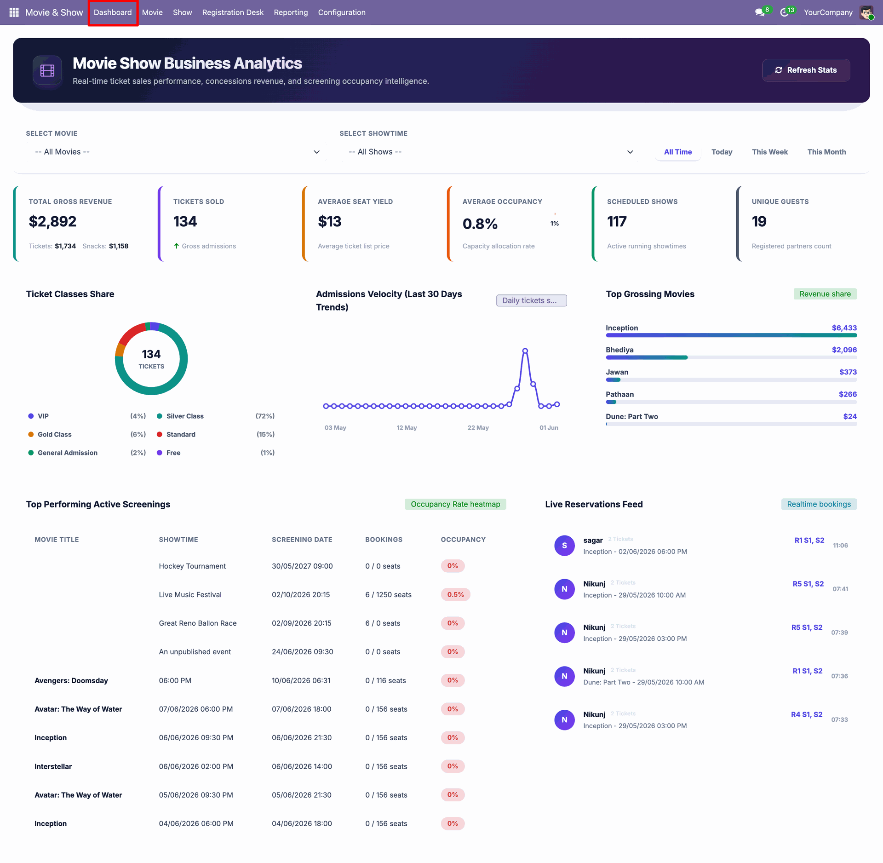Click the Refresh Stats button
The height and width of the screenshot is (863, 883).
coord(806,70)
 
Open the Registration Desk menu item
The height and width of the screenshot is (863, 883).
coord(233,12)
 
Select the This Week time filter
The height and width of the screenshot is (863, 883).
coord(769,152)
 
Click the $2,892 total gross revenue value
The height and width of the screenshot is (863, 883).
coord(52,221)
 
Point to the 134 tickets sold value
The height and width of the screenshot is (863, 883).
coord(185,221)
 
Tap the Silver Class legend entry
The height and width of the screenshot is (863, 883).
coord(185,416)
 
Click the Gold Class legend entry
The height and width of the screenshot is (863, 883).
coord(54,434)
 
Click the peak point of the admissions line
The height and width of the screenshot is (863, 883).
coord(525,351)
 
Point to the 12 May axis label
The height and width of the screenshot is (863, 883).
coord(407,428)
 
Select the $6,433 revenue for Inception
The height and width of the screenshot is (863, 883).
coord(844,328)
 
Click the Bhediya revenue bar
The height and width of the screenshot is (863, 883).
coord(646,357)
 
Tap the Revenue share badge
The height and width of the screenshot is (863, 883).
coord(825,294)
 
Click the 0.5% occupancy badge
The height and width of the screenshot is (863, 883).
coord(455,594)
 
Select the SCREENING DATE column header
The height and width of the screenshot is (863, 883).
coord(302,540)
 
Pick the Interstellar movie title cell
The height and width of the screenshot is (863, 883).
coord(53,766)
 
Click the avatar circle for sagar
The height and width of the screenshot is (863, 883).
coord(564,546)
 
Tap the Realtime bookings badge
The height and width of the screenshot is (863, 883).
coord(819,504)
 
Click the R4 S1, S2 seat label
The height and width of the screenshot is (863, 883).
coord(807,714)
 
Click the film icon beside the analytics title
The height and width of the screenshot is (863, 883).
coord(47,70)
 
